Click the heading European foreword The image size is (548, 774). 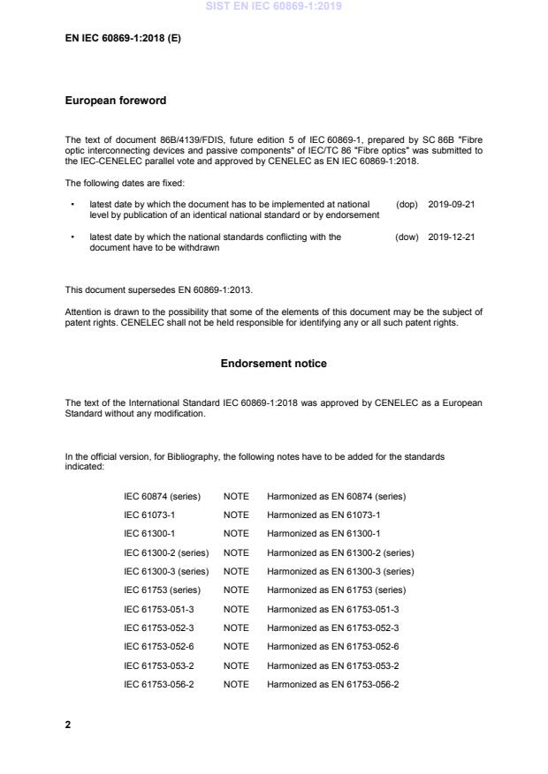[x=115, y=101]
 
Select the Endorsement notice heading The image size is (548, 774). [x=273, y=364]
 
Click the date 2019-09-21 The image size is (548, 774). [x=452, y=205]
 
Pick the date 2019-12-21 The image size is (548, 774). [x=452, y=237]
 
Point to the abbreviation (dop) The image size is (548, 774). [x=407, y=205]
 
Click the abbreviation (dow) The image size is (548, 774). [x=407, y=237]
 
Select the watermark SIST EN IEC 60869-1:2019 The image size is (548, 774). [x=273, y=6]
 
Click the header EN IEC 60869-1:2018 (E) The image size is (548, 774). [x=123, y=39]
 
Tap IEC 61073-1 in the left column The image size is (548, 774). [x=149, y=515]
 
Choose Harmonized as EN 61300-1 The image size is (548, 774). [x=323, y=533]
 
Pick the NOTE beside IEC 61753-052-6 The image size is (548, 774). [x=236, y=647]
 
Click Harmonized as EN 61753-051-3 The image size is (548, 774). [x=332, y=609]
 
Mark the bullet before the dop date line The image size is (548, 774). [x=72, y=205]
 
